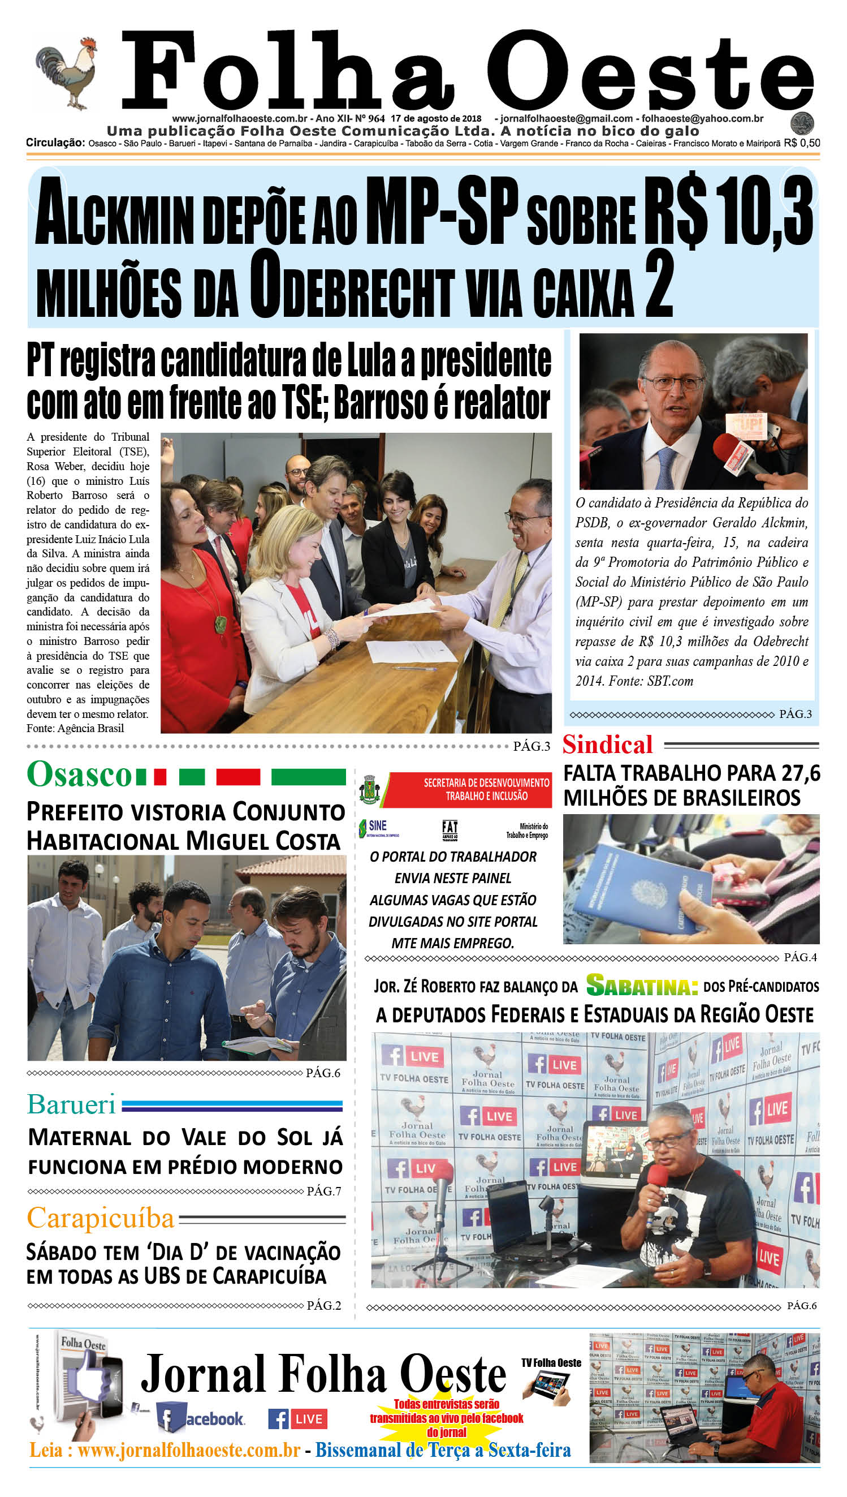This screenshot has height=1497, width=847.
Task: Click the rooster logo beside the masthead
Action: click(66, 73)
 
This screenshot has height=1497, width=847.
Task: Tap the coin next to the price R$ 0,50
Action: click(802, 123)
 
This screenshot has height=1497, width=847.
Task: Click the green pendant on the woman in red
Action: click(221, 624)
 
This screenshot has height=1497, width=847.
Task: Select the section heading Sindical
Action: click(607, 745)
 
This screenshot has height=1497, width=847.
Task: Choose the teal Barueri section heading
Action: click(71, 1105)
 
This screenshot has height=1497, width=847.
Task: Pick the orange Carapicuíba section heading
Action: click(101, 1218)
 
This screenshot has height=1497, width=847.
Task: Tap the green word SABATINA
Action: click(642, 986)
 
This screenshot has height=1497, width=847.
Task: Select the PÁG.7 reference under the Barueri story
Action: click(323, 1191)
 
